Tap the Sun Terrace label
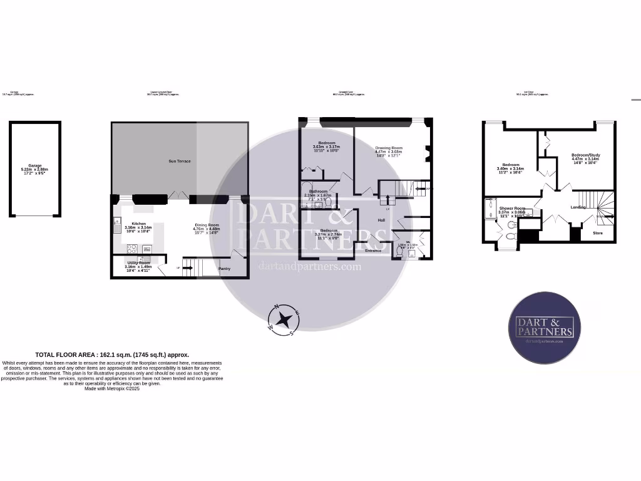click(180, 162)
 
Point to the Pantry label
click(224, 269)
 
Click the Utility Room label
click(138, 263)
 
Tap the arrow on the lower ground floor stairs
click(180, 268)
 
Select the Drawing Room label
click(388, 148)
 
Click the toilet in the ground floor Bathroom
click(327, 202)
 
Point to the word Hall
click(381, 220)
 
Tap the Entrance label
click(373, 251)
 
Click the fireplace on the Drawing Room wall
click(427, 150)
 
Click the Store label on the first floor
click(598, 233)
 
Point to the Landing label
click(578, 207)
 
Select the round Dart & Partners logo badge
click(544, 328)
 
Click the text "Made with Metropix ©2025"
click(112, 388)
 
